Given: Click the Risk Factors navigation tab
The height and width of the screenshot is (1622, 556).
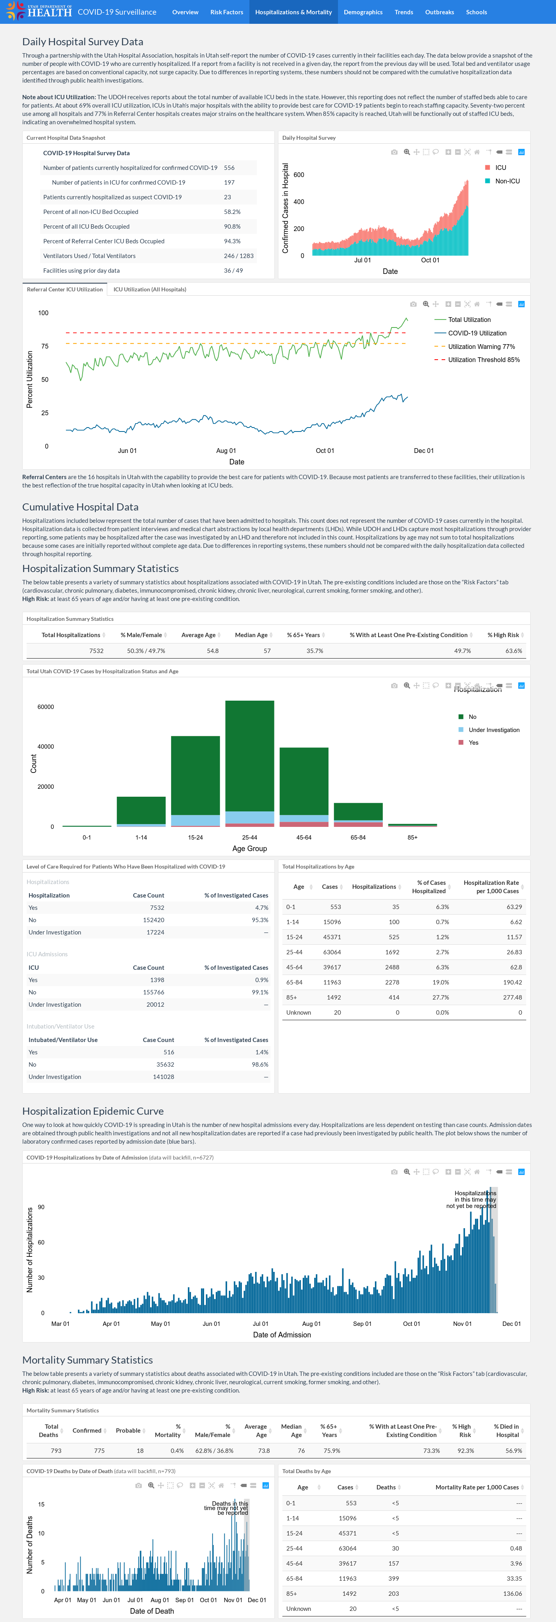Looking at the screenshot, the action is tap(227, 12).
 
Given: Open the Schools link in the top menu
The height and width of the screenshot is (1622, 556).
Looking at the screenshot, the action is tap(476, 12).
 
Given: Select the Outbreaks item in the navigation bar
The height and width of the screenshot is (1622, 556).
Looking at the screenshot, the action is tap(440, 12).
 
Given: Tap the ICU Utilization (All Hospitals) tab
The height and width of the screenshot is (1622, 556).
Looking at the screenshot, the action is tap(150, 290).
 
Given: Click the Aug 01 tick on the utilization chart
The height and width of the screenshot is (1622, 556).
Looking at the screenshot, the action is tap(226, 451).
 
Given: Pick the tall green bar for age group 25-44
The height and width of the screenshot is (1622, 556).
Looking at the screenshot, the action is tap(249, 755).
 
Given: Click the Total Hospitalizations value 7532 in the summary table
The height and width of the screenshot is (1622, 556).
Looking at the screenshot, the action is tap(97, 651).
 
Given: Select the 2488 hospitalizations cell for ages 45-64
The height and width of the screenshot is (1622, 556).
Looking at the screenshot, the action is tap(392, 967).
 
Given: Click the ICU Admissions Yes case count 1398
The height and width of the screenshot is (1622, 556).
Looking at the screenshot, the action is tap(157, 980).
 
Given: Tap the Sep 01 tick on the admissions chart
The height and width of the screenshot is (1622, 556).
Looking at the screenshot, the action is tap(362, 1323).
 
